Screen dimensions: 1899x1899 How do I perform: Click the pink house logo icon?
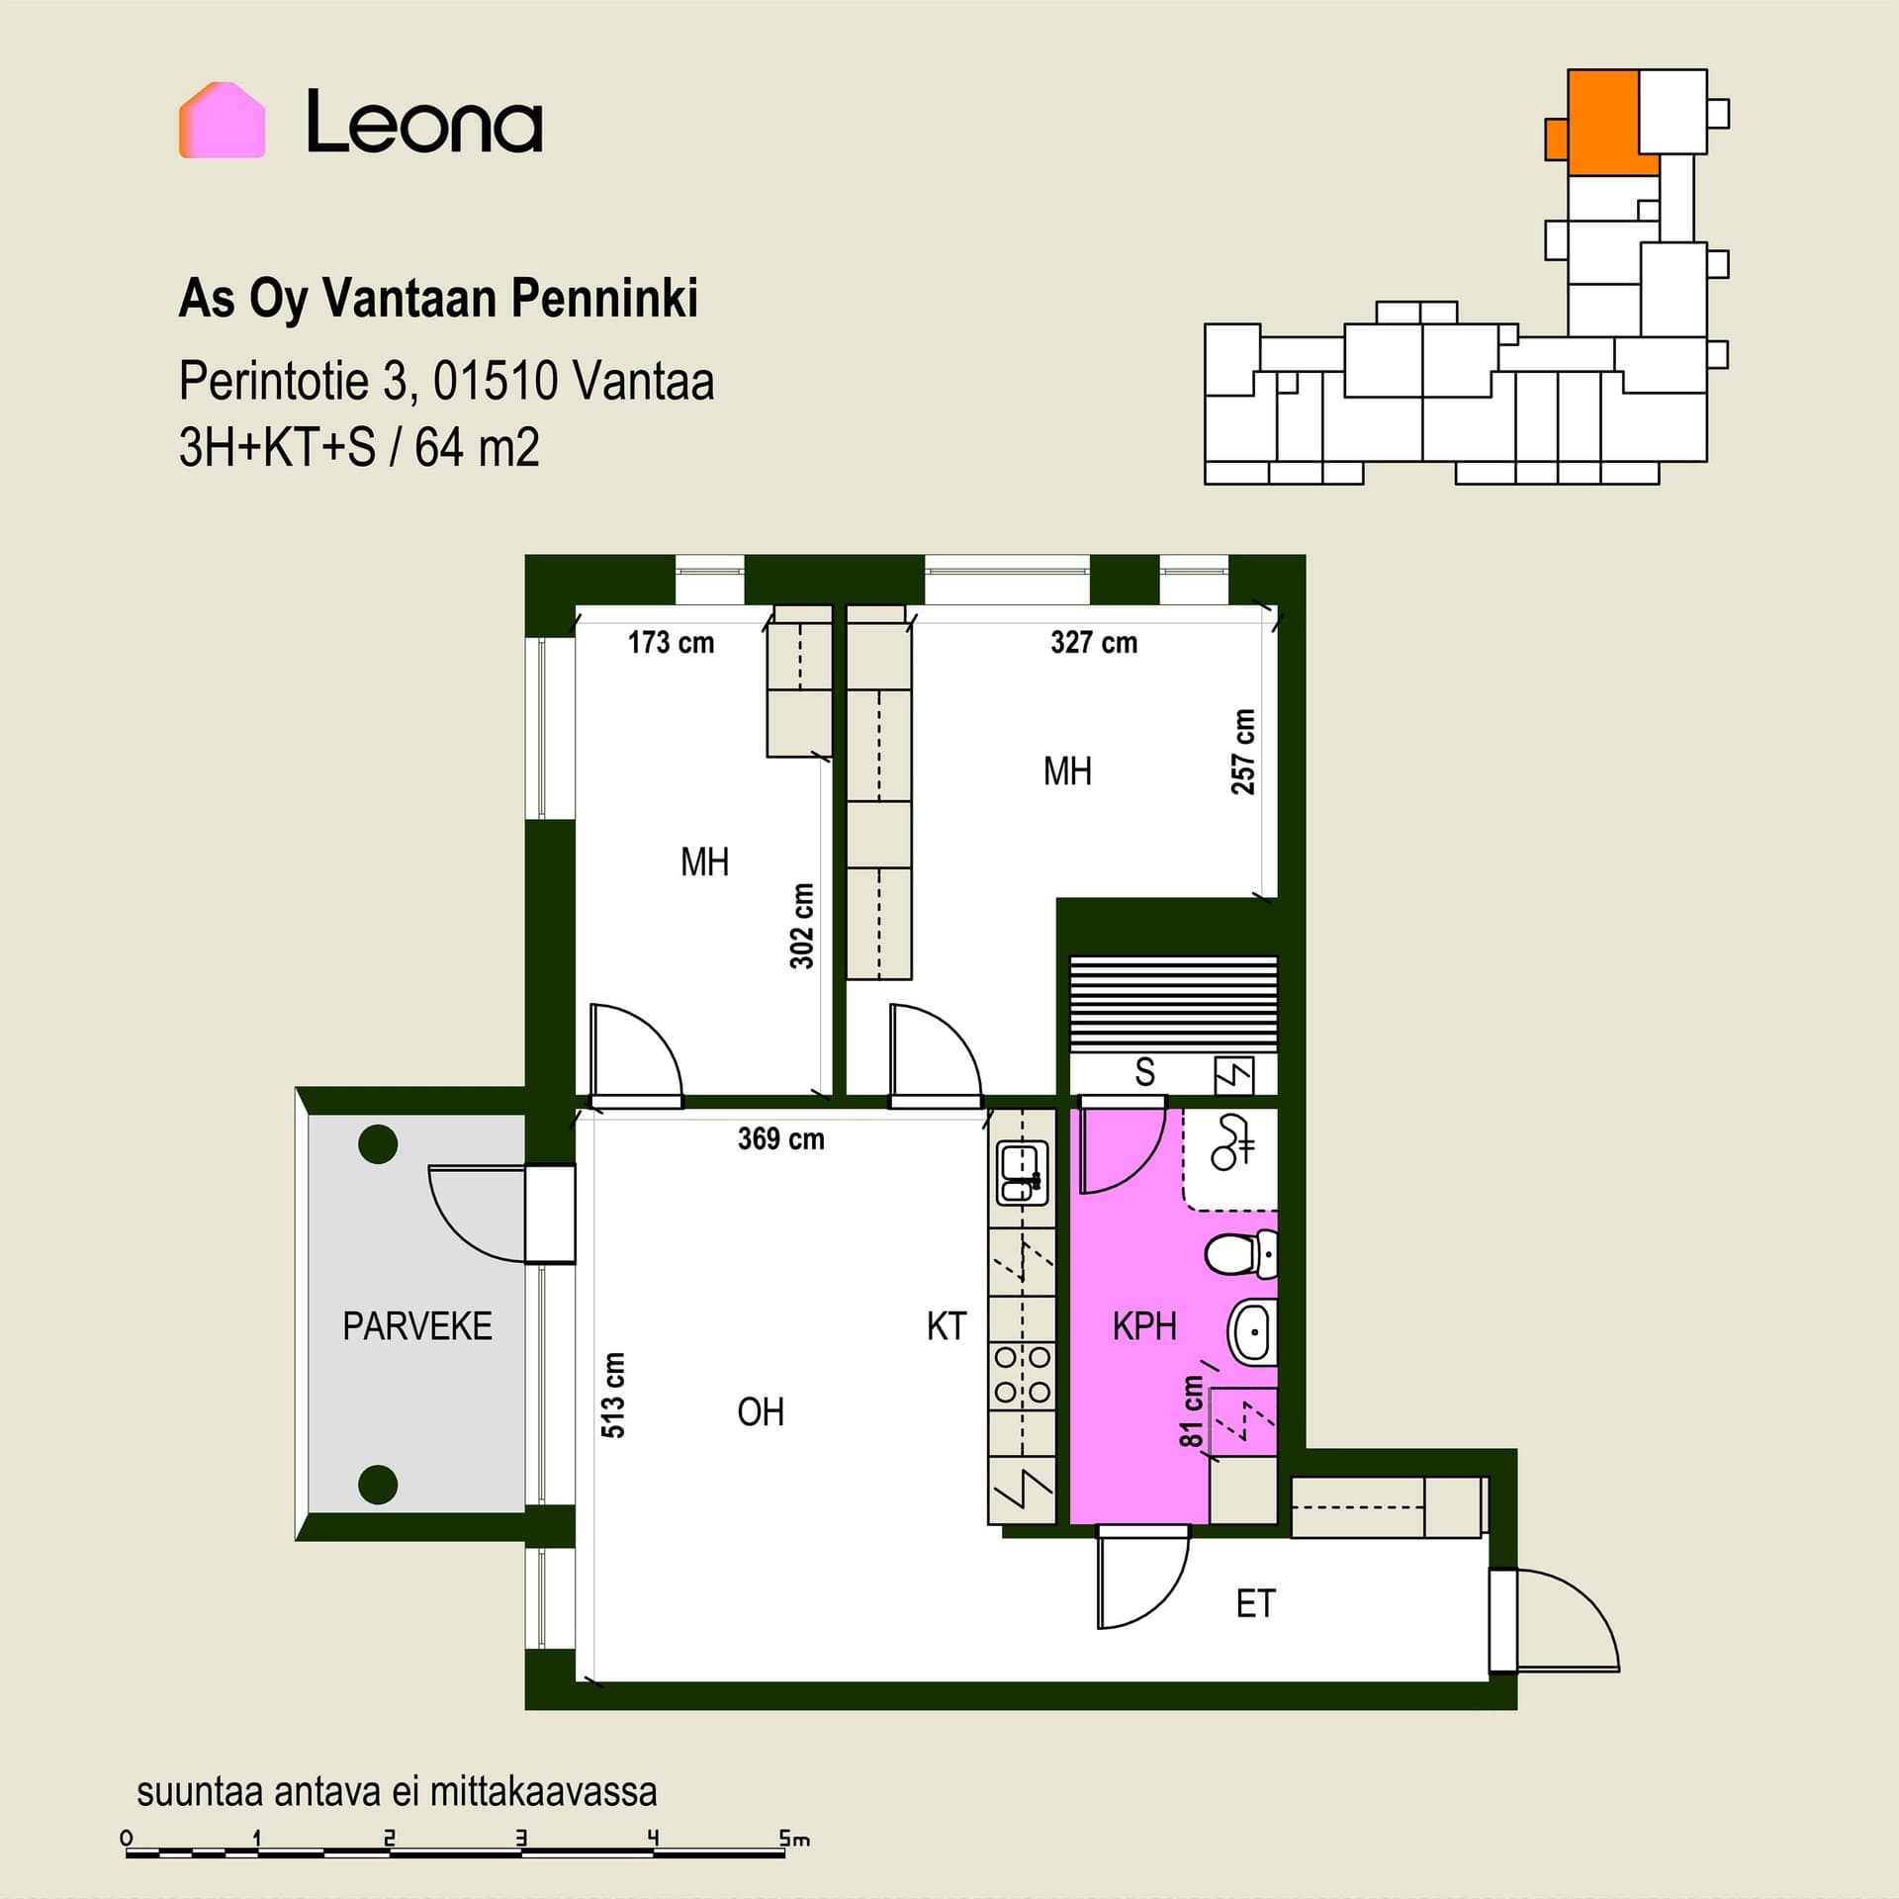pos(222,120)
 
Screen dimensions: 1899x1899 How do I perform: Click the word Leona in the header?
pos(424,122)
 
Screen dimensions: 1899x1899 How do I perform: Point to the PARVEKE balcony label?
pos(417,1326)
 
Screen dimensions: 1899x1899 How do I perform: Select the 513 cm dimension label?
pos(613,1395)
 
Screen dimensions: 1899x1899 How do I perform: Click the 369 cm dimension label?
pos(781,1139)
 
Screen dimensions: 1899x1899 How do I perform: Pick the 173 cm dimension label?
pos(671,643)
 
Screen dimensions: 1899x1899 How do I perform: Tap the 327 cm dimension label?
pos(1094,643)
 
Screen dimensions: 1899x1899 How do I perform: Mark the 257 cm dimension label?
pos(1243,752)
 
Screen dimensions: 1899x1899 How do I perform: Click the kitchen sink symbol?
pos(1022,1173)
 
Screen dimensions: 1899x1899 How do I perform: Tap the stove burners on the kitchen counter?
pos(1022,1374)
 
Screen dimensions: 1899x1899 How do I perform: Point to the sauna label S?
pos(1144,1072)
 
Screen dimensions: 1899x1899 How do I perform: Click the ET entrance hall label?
pos(1256,1603)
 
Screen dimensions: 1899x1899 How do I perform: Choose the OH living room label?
pos(761,1412)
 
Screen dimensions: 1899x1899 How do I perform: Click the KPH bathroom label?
pos(1144,1326)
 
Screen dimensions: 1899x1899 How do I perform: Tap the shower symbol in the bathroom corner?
pos(1233,1143)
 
